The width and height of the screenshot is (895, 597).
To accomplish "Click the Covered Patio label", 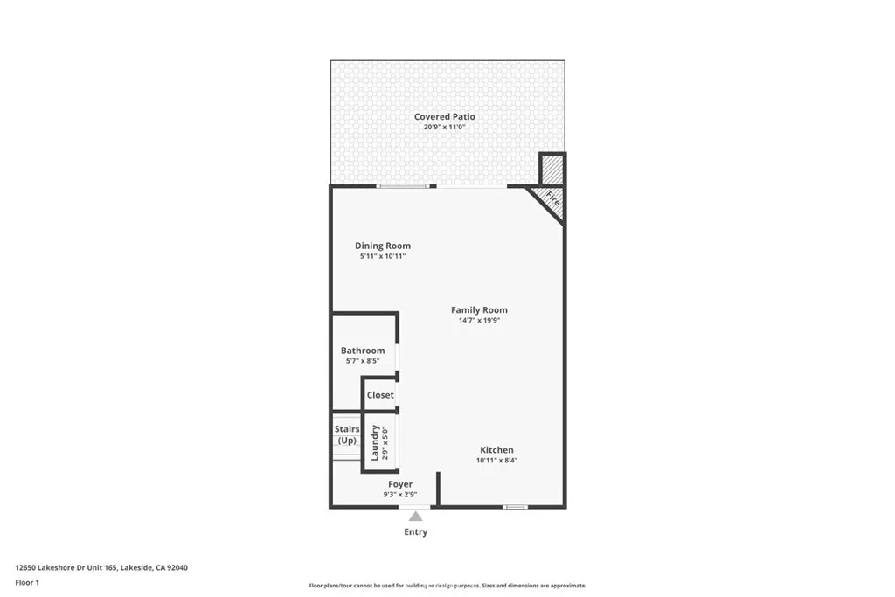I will pyautogui.click(x=444, y=116).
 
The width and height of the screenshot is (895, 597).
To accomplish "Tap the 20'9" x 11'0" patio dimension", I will pyautogui.click(x=444, y=128).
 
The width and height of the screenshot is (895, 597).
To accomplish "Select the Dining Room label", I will pyautogui.click(x=383, y=246).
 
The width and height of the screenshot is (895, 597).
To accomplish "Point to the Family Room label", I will pyautogui.click(x=479, y=310).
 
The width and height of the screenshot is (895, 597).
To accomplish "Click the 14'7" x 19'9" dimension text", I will pyautogui.click(x=479, y=321).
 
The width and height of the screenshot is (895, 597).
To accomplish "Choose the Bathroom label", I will pyautogui.click(x=363, y=351).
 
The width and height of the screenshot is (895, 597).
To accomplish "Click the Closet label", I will pyautogui.click(x=380, y=395).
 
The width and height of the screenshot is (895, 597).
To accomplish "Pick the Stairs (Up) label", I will pyautogui.click(x=347, y=434).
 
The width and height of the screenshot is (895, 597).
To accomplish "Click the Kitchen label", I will pyautogui.click(x=496, y=450).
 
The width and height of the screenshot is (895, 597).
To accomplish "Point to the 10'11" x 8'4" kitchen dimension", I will pyautogui.click(x=496, y=461).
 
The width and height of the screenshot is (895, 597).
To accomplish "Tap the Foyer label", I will pyautogui.click(x=400, y=484).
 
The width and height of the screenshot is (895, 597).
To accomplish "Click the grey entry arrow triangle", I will pyautogui.click(x=416, y=517).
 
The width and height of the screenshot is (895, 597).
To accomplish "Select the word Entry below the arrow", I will pyautogui.click(x=416, y=531).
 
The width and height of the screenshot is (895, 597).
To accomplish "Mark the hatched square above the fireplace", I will pyautogui.click(x=552, y=169).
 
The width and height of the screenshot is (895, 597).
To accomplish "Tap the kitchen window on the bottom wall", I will pyautogui.click(x=516, y=507).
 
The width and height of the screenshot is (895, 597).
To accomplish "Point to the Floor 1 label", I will pyautogui.click(x=28, y=582).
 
